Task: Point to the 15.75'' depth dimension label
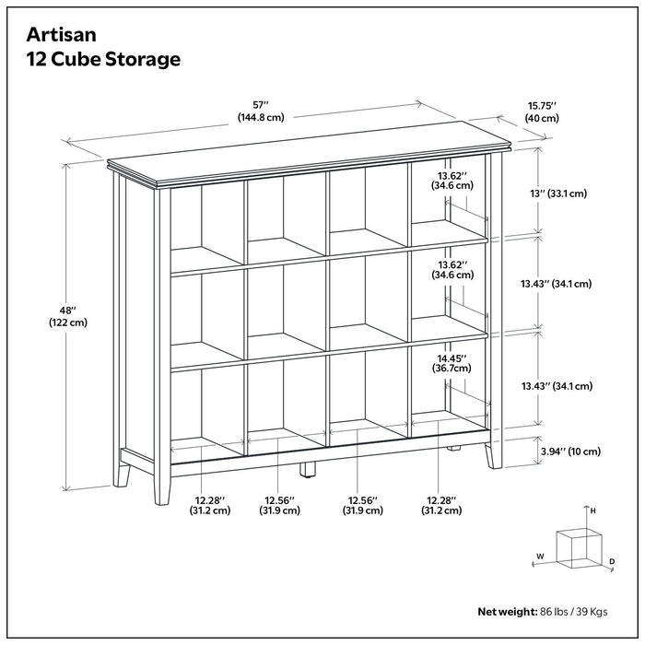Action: pos(542,111)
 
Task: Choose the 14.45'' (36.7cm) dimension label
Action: pos(451,361)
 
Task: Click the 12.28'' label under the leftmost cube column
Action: pos(209,504)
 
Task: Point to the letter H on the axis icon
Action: pos(593,510)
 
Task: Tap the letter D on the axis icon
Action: pos(612,560)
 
